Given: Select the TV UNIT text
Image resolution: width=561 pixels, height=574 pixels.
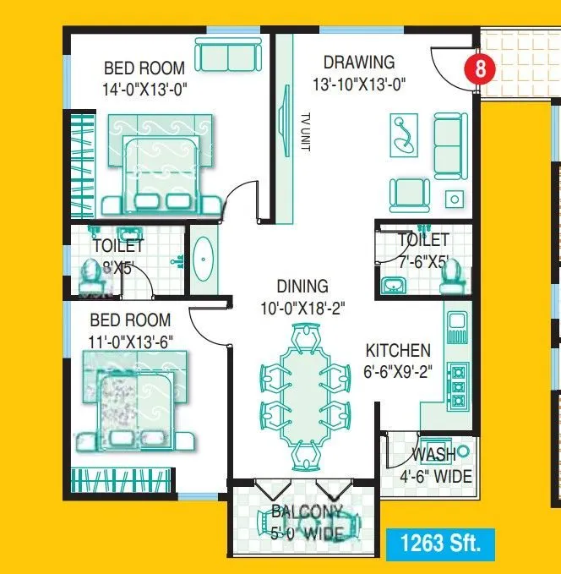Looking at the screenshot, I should (x=306, y=133).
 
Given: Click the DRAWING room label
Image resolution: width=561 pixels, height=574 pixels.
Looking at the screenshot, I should (x=359, y=62).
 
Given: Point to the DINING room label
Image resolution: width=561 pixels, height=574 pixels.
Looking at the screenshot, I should (x=302, y=287).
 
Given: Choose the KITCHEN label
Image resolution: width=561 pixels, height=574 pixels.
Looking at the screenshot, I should (x=398, y=350).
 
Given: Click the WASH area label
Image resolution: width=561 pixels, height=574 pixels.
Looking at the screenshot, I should (x=434, y=455).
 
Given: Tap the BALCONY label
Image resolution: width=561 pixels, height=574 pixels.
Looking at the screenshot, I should (x=307, y=512).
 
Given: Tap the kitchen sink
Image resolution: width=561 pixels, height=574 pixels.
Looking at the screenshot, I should (x=457, y=322).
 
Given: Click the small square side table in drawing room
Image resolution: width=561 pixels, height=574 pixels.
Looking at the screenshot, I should (x=455, y=200).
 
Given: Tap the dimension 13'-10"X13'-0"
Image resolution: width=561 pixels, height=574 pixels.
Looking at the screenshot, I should (x=359, y=84).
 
